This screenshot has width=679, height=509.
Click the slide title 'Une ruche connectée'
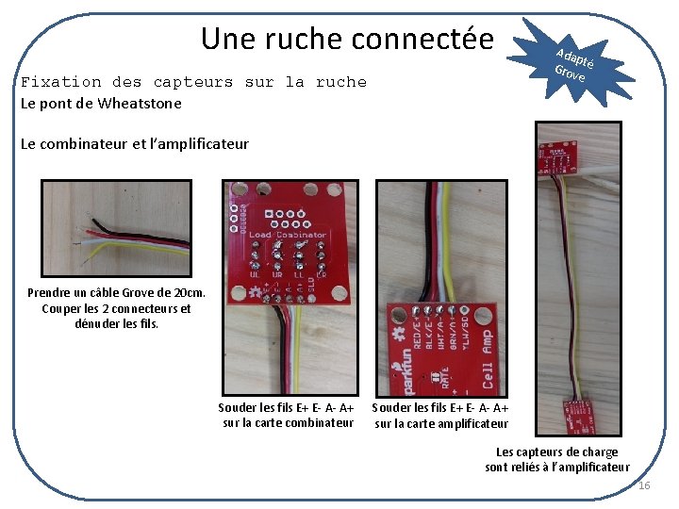point(347,39)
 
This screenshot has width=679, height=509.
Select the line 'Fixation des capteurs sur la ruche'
point(193,82)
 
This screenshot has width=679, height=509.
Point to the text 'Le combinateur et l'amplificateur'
point(135,143)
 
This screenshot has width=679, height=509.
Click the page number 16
point(644,485)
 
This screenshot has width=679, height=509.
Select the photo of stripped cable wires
point(116,228)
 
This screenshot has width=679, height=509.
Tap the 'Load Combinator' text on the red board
point(288,235)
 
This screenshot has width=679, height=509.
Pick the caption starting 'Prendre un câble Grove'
point(116,293)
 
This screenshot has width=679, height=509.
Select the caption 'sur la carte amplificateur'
point(441,423)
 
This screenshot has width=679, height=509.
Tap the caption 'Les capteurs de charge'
point(557,452)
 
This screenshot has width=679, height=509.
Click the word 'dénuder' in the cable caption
point(97,323)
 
